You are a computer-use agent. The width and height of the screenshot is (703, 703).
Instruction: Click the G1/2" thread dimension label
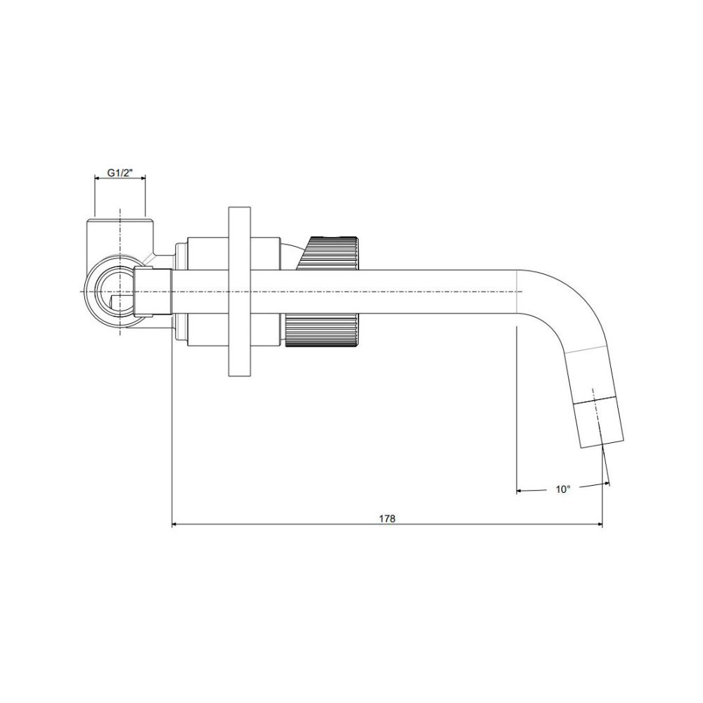point(120,173)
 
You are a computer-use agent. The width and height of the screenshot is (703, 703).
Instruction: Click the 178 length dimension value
point(387,518)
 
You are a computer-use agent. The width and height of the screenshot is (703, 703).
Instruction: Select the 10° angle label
point(563,489)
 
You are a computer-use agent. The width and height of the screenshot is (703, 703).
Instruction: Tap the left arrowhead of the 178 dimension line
point(175,524)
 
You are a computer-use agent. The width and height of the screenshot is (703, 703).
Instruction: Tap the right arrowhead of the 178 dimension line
point(598,524)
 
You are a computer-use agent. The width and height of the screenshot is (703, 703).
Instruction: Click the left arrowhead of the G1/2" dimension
point(97,178)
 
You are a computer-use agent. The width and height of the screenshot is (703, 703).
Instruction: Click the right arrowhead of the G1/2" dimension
point(143,178)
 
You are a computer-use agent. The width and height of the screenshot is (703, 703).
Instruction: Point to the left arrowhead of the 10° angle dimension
point(520,491)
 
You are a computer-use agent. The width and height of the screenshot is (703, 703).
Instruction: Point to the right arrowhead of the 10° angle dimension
point(606,484)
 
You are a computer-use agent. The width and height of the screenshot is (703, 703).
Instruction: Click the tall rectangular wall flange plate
point(240,292)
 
